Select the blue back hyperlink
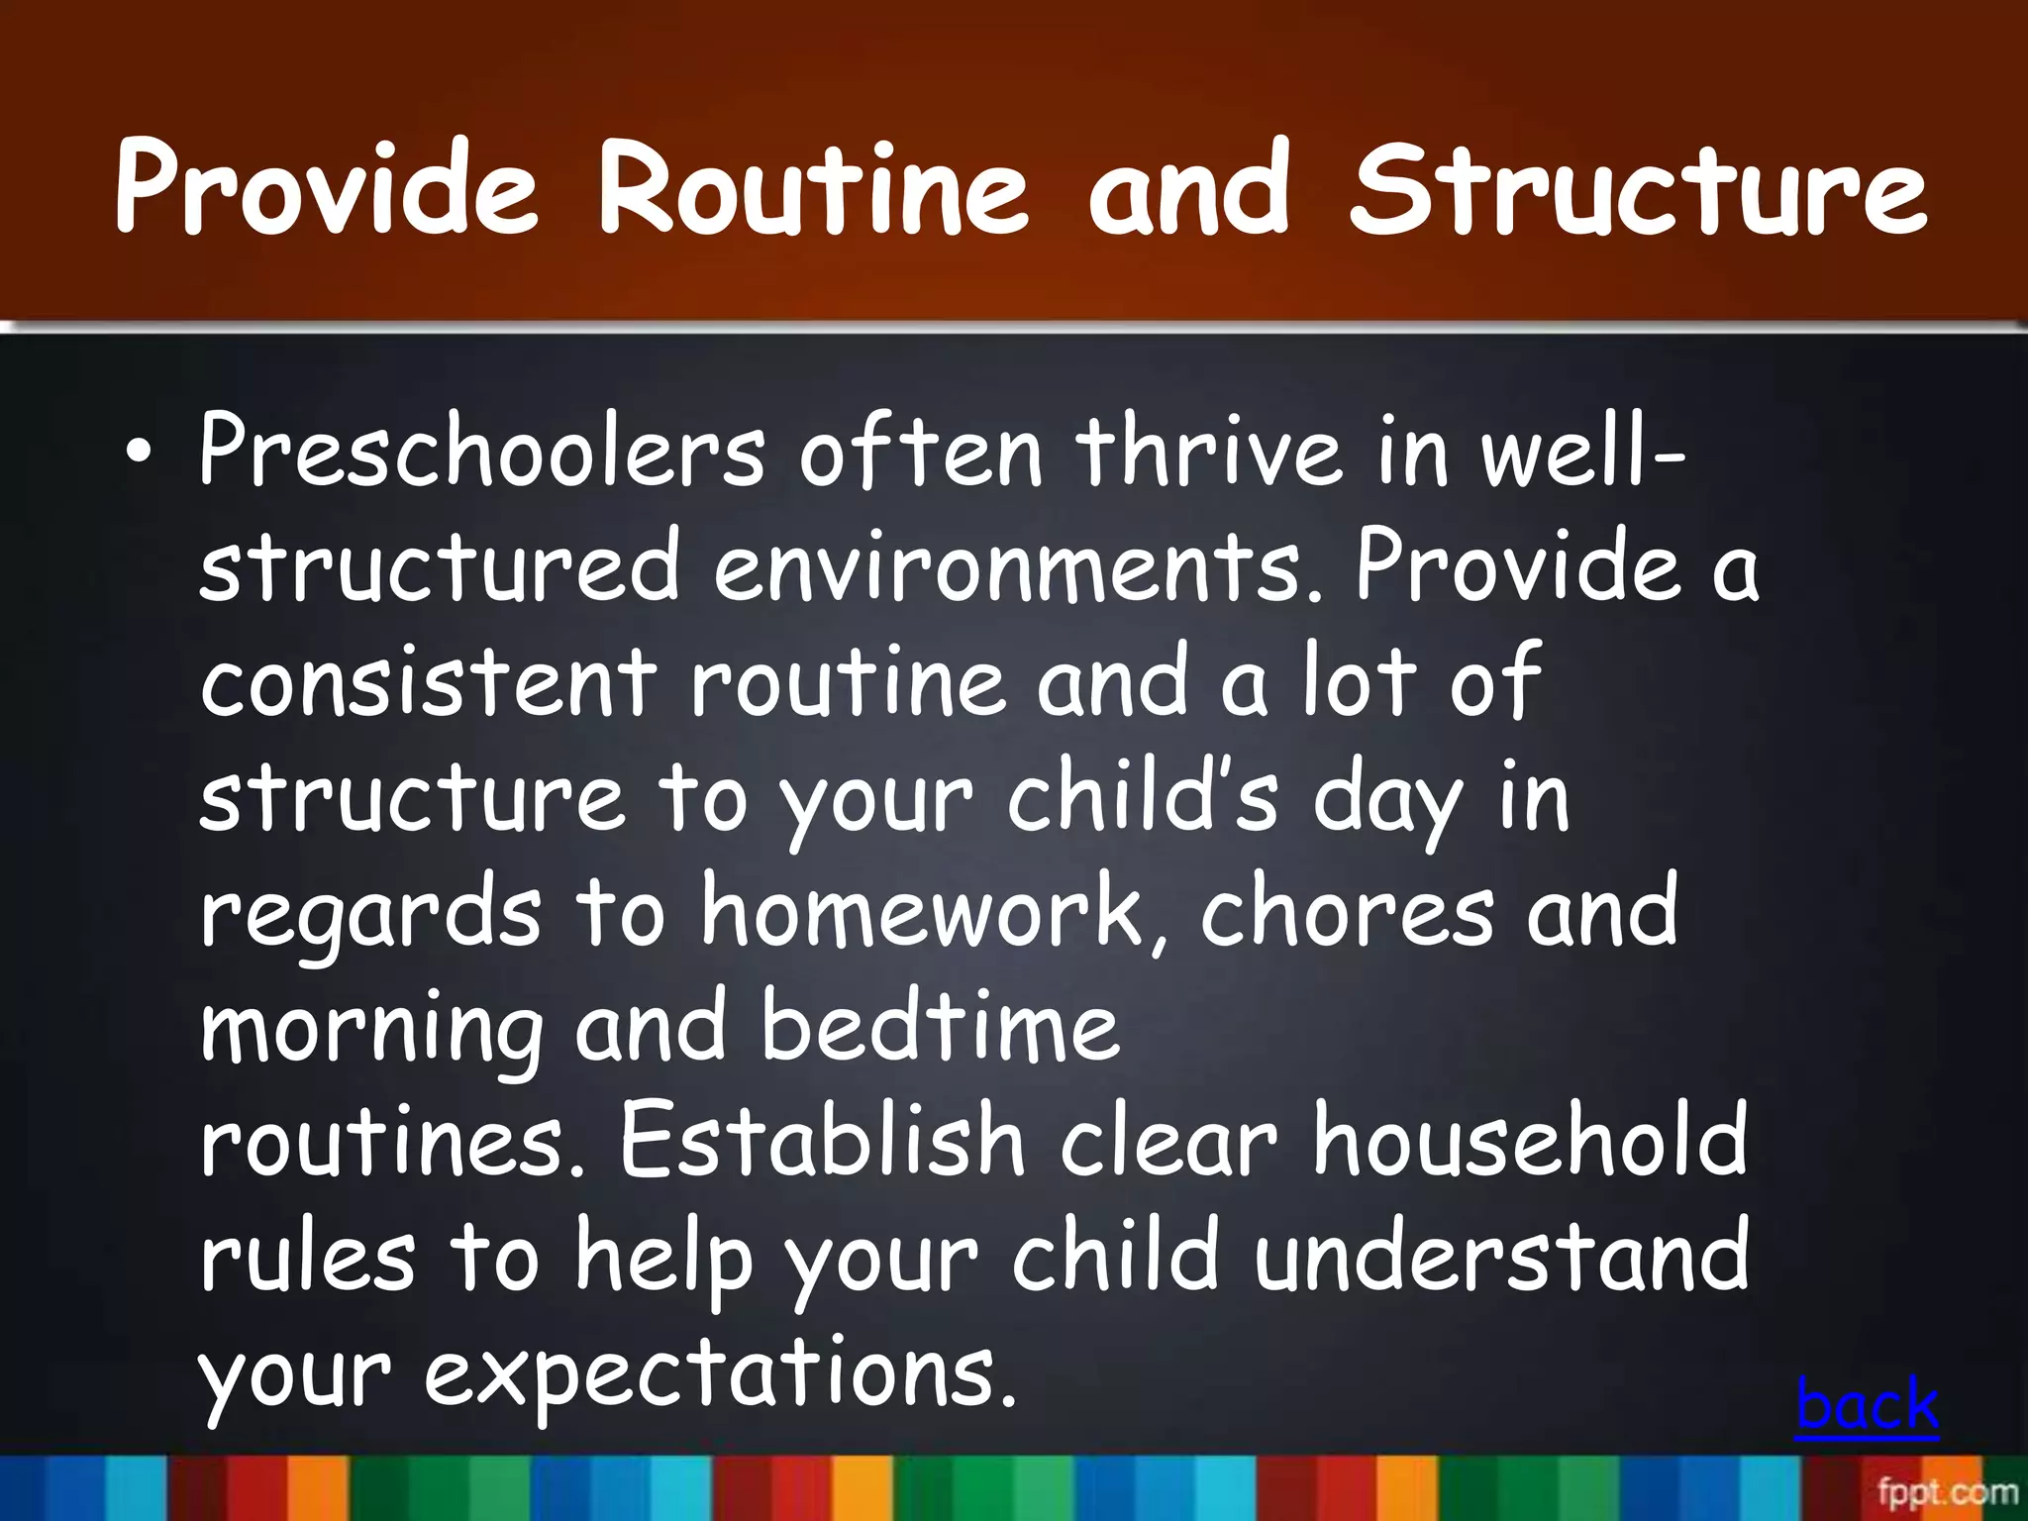click(x=1867, y=1404)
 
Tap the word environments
click(x=1018, y=566)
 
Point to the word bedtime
click(x=941, y=1027)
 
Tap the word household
click(x=1530, y=1142)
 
